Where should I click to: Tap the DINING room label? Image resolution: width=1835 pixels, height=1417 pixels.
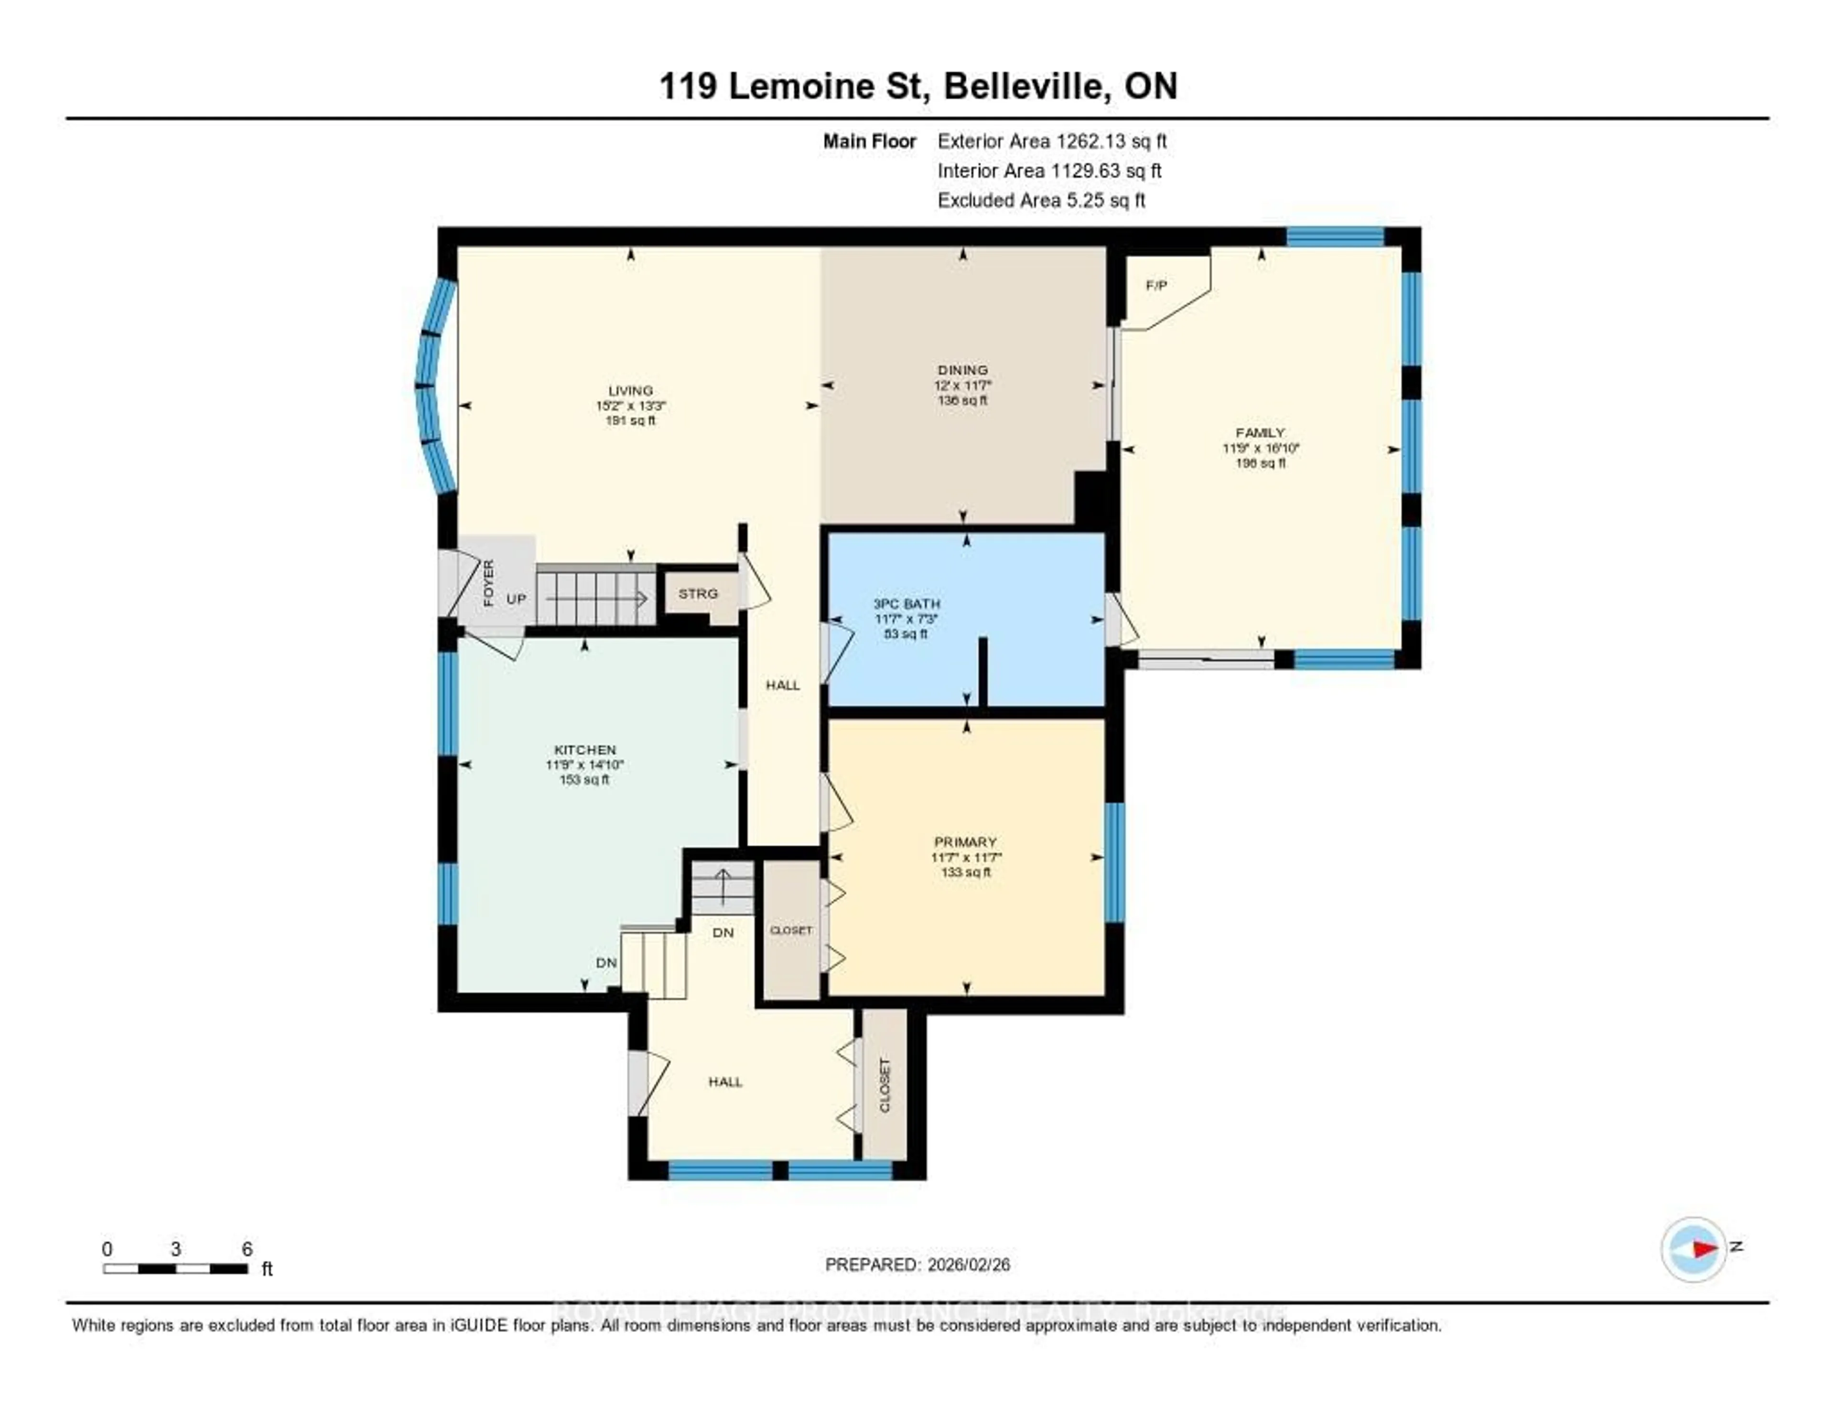pos(963,370)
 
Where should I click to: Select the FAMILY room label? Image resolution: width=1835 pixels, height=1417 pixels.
pos(1260,432)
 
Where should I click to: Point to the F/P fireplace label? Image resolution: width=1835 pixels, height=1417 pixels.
pos(1156,286)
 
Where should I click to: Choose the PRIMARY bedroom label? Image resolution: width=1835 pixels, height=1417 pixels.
pos(965,842)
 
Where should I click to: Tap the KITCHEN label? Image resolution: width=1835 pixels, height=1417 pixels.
pos(585,749)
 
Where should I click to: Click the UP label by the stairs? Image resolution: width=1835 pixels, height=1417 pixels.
pos(516,599)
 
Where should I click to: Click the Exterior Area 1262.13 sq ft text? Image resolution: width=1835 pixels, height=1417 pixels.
pos(1052,141)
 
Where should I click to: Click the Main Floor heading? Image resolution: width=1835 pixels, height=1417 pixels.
pos(869,141)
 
